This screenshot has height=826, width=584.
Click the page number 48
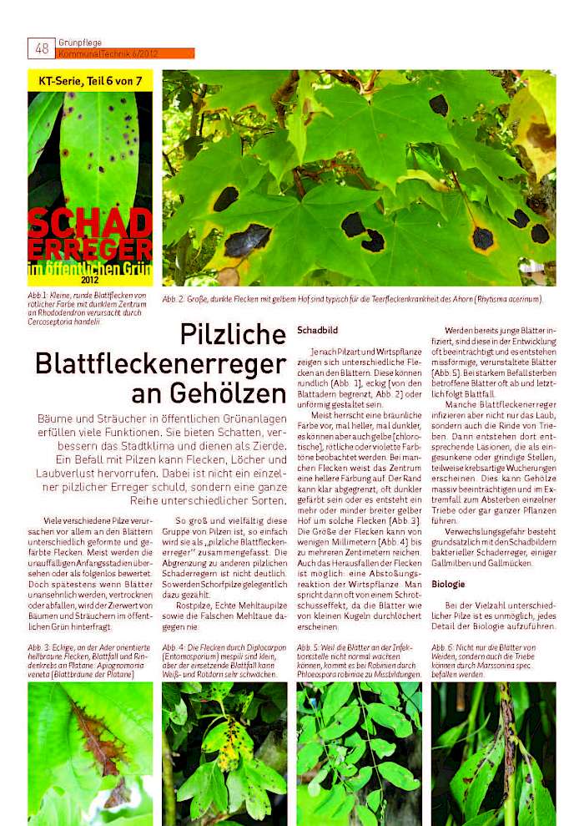point(41,48)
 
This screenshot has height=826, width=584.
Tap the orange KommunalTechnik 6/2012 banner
point(125,53)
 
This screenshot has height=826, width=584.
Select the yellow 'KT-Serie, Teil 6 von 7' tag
point(90,81)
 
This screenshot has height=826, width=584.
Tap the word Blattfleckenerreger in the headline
point(161,364)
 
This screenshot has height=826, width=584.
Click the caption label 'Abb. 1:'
point(38,295)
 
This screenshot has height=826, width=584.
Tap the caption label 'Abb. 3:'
point(39,647)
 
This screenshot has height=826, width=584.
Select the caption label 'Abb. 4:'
point(174,647)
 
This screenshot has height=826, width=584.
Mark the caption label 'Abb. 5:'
point(309,647)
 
